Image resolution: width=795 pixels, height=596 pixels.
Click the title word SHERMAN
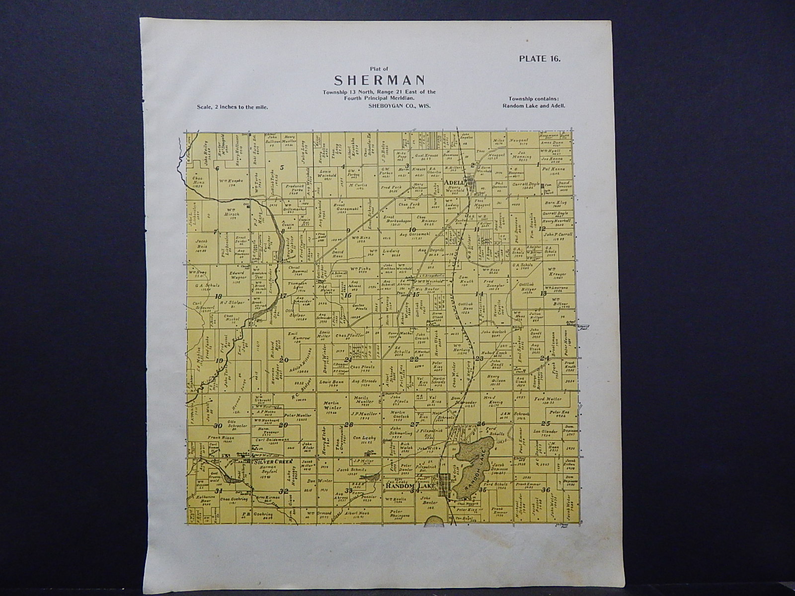pyautogui.click(x=379, y=79)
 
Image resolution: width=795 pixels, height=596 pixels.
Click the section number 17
pyautogui.click(x=284, y=297)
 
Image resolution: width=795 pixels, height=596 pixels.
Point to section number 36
pyautogui.click(x=547, y=490)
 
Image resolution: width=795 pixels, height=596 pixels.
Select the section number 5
pyautogui.click(x=282, y=167)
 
